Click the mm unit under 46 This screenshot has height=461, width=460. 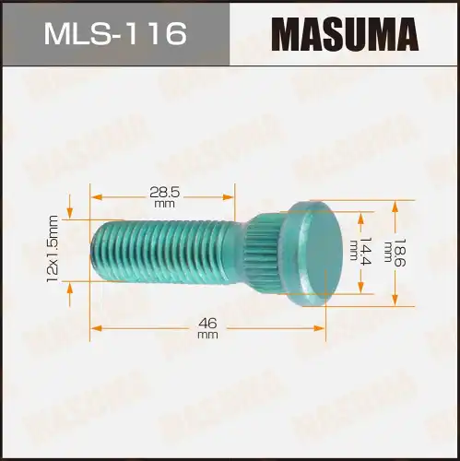(x=207, y=336)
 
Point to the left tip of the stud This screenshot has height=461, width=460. (x=95, y=249)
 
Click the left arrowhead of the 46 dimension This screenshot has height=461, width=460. (x=95, y=326)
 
